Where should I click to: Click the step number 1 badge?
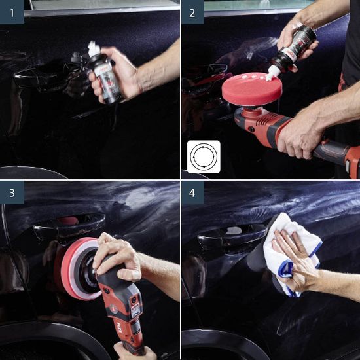(x=12, y=12)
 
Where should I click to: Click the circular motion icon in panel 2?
(x=204, y=156)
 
